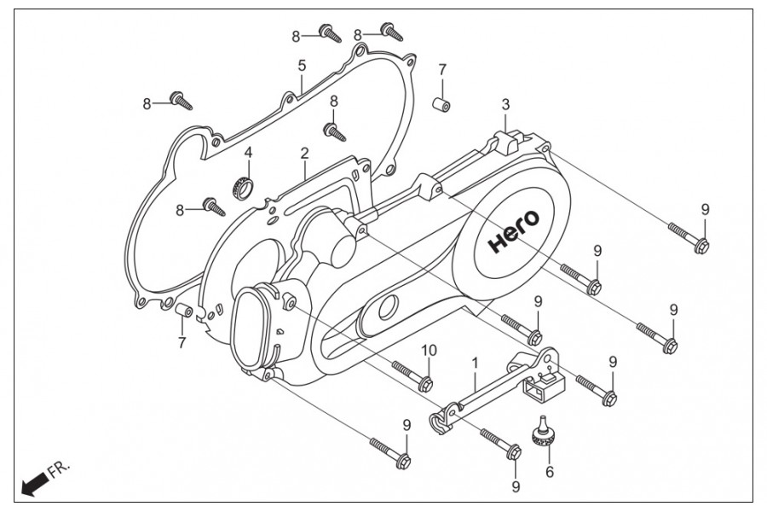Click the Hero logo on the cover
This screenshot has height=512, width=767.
coord(514,230)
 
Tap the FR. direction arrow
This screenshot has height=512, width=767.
coord(34,485)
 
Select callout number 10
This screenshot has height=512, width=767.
coord(429,351)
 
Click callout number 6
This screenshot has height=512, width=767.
coord(550,472)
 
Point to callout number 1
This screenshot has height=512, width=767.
coord(474,363)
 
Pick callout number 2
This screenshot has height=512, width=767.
coord(304,153)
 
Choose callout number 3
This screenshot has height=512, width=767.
coord(505,104)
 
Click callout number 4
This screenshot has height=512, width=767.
coord(248,152)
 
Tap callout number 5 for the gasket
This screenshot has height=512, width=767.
coord(302,65)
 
